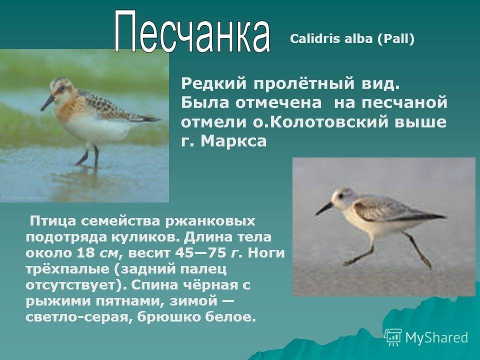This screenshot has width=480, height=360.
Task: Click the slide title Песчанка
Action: [x=192, y=31]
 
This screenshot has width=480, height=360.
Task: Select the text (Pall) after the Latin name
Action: [x=395, y=39]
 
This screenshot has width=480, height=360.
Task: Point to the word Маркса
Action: [x=234, y=141]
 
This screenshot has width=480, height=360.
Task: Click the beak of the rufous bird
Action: [x=47, y=103]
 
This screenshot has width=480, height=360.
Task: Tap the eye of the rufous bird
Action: [x=61, y=89]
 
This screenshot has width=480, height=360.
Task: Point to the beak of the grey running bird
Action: [x=324, y=208]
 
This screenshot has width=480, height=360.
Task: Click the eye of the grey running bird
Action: [x=341, y=196]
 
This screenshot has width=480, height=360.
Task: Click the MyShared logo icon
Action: [x=393, y=337]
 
